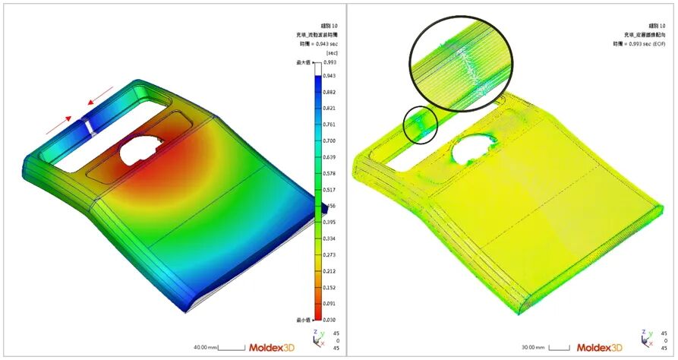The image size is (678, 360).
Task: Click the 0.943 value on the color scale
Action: pos(330,76)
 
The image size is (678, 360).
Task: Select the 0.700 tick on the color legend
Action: pos(330,141)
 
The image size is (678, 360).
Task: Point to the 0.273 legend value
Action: pos(330,255)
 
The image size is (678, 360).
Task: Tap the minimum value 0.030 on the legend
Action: pos(330,320)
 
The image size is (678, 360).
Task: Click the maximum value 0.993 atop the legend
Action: pos(330,63)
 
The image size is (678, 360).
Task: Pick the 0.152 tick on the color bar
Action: pos(330,288)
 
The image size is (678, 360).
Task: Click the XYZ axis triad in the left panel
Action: pos(319,338)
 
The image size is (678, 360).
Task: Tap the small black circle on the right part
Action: pos(420,125)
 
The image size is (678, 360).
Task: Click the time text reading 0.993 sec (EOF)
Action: pos(642,44)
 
